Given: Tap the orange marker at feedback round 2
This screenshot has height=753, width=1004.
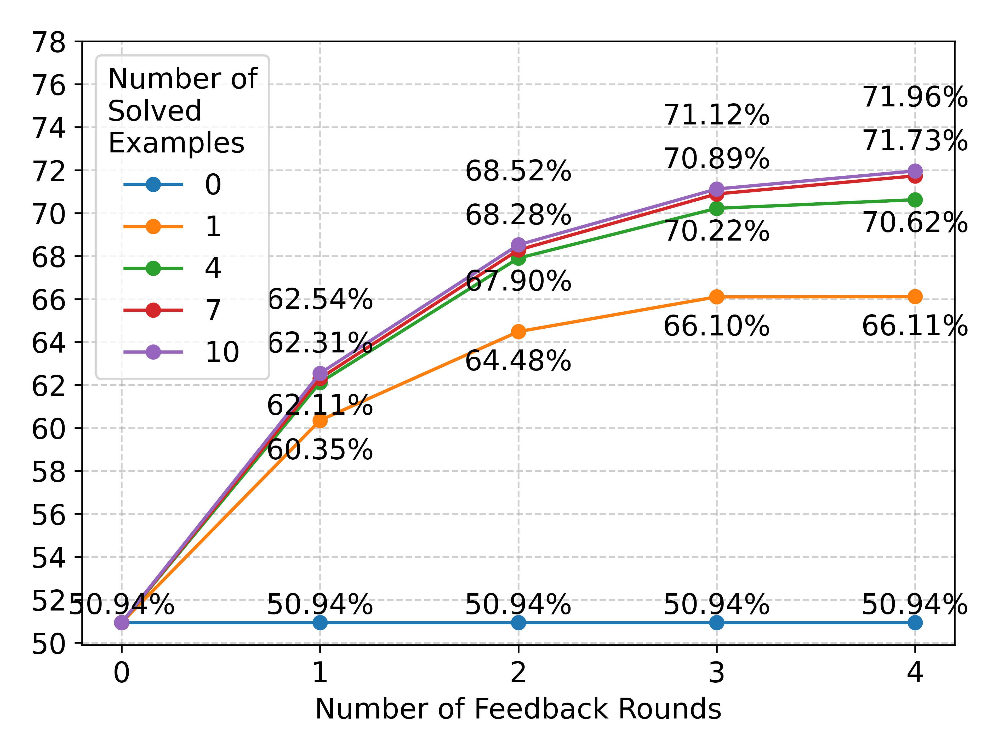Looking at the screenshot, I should coord(518,332).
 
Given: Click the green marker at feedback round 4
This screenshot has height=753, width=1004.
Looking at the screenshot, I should coord(915,200).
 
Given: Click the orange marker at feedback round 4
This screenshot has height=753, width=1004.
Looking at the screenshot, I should coord(915,297).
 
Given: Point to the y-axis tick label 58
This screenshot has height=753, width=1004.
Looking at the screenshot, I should coord(49,472).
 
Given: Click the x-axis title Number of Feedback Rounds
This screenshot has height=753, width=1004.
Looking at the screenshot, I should coord(518,709).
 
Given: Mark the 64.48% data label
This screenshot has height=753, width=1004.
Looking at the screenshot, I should coord(518,361).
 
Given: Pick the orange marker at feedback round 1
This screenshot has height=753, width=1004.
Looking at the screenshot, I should coord(320,421).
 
